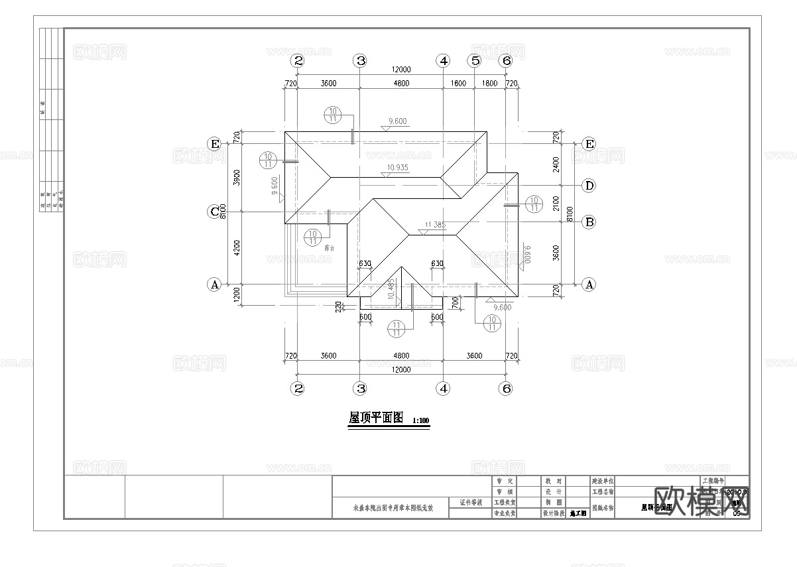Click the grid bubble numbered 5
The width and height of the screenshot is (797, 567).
[474, 60]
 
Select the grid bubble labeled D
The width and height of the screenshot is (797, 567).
[589, 185]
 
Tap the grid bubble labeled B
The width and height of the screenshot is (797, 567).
[589, 222]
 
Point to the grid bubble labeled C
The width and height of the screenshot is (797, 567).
[214, 212]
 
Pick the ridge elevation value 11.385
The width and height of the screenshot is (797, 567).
[434, 225]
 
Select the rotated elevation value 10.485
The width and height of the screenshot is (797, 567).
[398, 290]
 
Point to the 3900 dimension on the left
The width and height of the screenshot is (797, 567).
[237, 177]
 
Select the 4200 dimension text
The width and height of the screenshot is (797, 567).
[237, 248]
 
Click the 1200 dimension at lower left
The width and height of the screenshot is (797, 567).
[237, 294]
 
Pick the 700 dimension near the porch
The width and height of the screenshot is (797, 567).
[456, 302]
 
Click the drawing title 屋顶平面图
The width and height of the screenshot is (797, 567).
[376, 418]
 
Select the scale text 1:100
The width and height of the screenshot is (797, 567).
[421, 421]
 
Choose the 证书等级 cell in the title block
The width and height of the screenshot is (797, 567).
[470, 503]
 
